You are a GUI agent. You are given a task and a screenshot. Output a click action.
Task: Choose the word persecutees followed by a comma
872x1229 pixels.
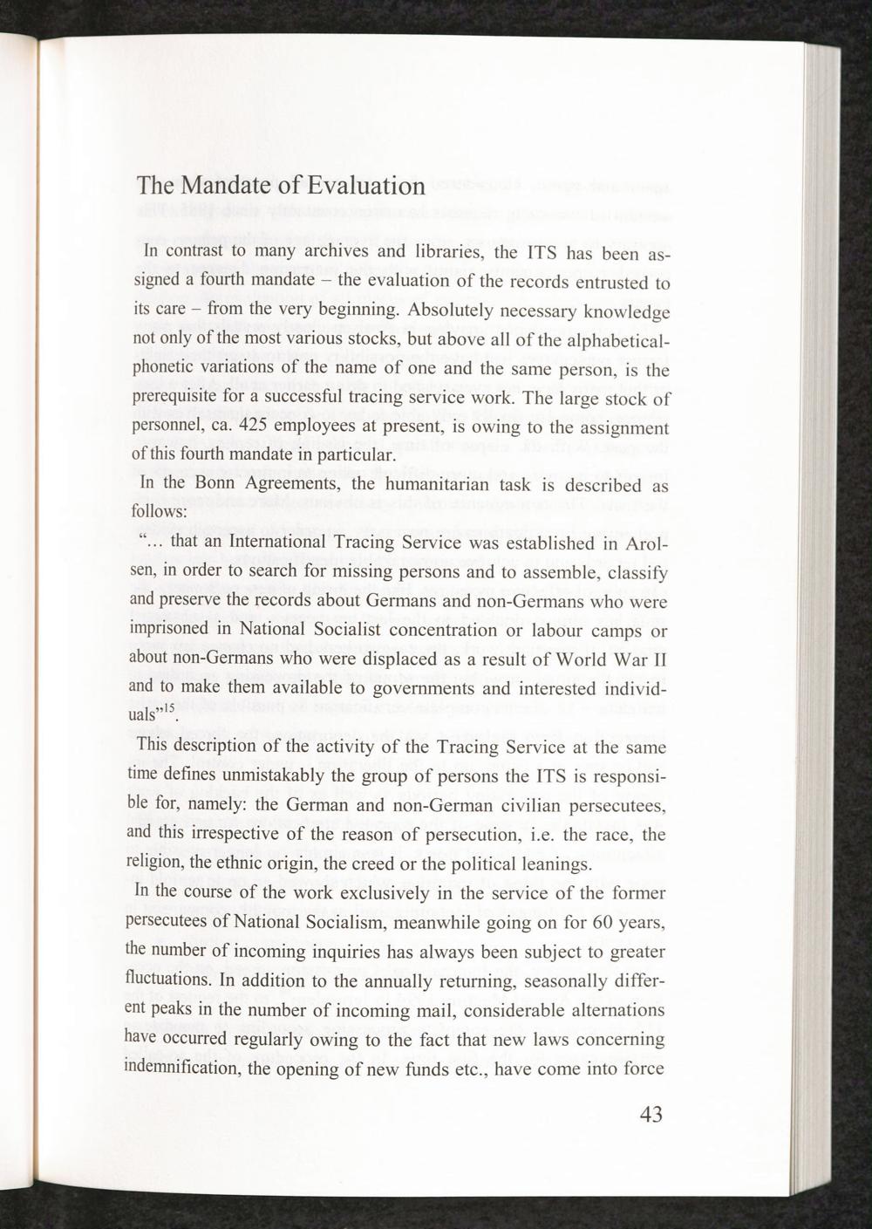click(617, 806)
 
